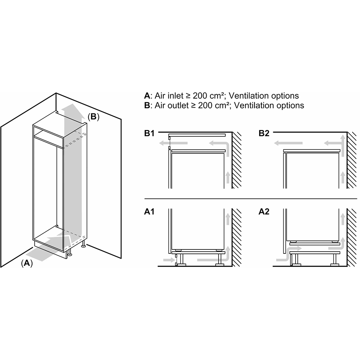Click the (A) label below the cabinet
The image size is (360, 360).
coord(27,263)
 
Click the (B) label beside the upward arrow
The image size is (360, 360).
coord(94,117)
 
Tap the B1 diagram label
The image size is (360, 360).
coord(149,134)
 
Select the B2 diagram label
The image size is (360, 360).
coord(264,134)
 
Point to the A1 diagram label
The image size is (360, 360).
coord(149,212)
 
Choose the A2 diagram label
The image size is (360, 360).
coord(264,212)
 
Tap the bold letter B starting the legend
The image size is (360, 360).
coord(147,105)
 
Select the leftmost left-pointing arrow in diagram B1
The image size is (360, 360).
coord(174,143)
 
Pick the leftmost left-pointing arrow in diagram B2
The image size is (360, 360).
coord(288,143)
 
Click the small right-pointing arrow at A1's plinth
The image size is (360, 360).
coord(169,260)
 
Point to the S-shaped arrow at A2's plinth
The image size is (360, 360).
coord(287,254)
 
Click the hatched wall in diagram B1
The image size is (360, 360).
coord(237,160)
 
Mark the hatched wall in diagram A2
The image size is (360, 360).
coord(352,238)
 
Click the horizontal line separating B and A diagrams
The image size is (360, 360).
coord(251,199)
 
